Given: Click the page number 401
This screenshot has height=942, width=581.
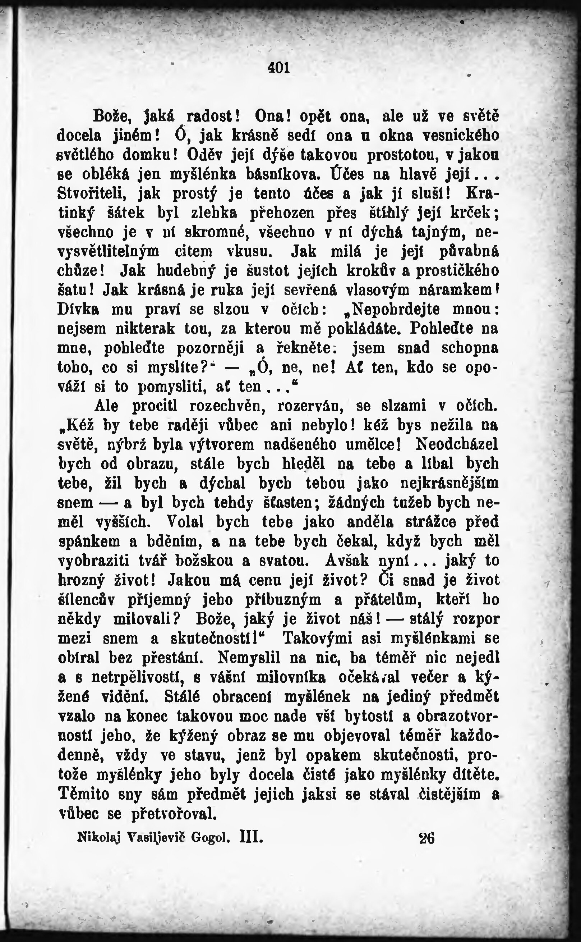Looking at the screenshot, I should click(x=278, y=68).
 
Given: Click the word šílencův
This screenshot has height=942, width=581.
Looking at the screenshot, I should click(x=86, y=599).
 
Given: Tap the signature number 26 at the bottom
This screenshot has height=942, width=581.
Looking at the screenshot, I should click(x=426, y=837).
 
